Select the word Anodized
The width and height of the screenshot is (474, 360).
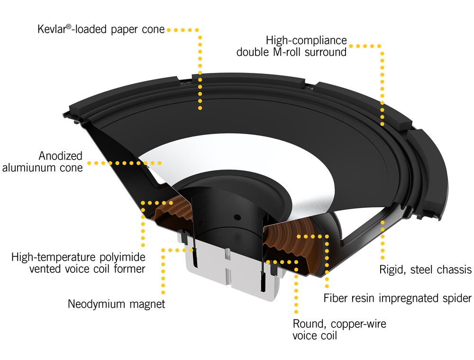61,156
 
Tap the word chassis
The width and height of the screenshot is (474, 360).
454,270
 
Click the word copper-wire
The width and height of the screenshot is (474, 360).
355,324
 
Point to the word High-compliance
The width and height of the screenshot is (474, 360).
306,40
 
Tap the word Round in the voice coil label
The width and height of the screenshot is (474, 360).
308,324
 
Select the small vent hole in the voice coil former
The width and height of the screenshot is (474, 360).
237,217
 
